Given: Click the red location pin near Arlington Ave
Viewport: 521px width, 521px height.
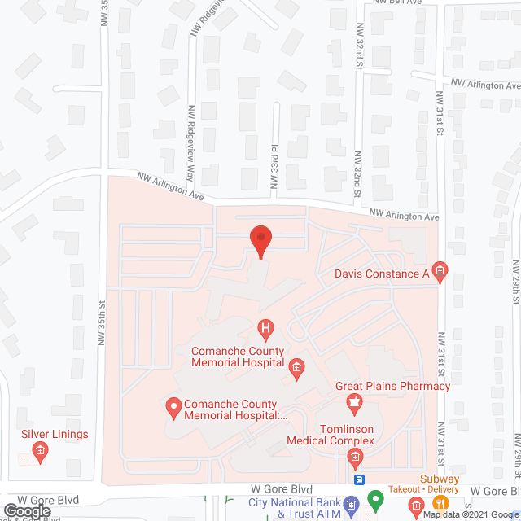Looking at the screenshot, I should [x=260, y=239].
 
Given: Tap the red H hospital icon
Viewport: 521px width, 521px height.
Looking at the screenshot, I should [x=265, y=329].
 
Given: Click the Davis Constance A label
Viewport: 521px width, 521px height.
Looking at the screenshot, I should [x=382, y=274].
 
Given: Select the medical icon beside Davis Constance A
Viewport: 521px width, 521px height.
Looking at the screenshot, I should [x=440, y=271].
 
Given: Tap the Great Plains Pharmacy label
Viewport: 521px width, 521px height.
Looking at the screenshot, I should [x=392, y=386].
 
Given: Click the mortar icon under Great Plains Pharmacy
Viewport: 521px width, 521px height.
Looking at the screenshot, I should [x=355, y=401].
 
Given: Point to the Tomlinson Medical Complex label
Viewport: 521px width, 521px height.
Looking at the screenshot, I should [x=331, y=434].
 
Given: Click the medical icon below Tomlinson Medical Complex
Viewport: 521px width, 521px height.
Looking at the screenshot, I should [x=355, y=458].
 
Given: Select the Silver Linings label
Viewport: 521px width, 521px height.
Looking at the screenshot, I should [x=55, y=434].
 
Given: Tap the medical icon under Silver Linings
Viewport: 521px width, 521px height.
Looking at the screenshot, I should [x=39, y=450].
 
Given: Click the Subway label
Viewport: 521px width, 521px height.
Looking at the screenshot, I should [x=440, y=479].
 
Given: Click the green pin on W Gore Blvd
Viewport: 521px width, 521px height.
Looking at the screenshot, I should [x=375, y=499].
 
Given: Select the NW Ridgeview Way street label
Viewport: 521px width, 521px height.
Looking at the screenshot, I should [x=191, y=134].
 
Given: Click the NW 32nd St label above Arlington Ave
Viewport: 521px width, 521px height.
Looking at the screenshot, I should [x=357, y=170].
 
